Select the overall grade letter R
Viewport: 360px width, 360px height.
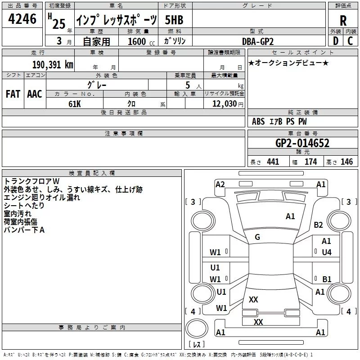(343, 20)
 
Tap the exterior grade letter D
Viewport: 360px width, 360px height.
(335, 41)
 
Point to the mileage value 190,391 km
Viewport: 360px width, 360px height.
(53, 64)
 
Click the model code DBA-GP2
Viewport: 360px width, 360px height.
(258, 41)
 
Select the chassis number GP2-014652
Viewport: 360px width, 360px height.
(302, 143)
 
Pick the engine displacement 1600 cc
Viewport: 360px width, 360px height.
(139, 41)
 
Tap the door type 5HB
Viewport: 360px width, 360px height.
(174, 20)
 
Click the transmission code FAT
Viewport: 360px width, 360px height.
(13, 94)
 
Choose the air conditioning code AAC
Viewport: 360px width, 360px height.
(35, 94)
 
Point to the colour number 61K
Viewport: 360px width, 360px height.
(75, 103)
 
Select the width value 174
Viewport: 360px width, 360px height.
(310, 162)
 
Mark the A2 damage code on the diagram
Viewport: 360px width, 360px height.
(220, 184)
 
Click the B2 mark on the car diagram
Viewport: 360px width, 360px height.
(319, 225)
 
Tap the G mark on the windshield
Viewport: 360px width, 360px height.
(257, 237)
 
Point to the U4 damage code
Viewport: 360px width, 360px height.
(326, 252)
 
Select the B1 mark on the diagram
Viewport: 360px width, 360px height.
(327, 279)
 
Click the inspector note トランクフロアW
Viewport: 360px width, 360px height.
(28, 181)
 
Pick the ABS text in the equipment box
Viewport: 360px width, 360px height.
(258, 121)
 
